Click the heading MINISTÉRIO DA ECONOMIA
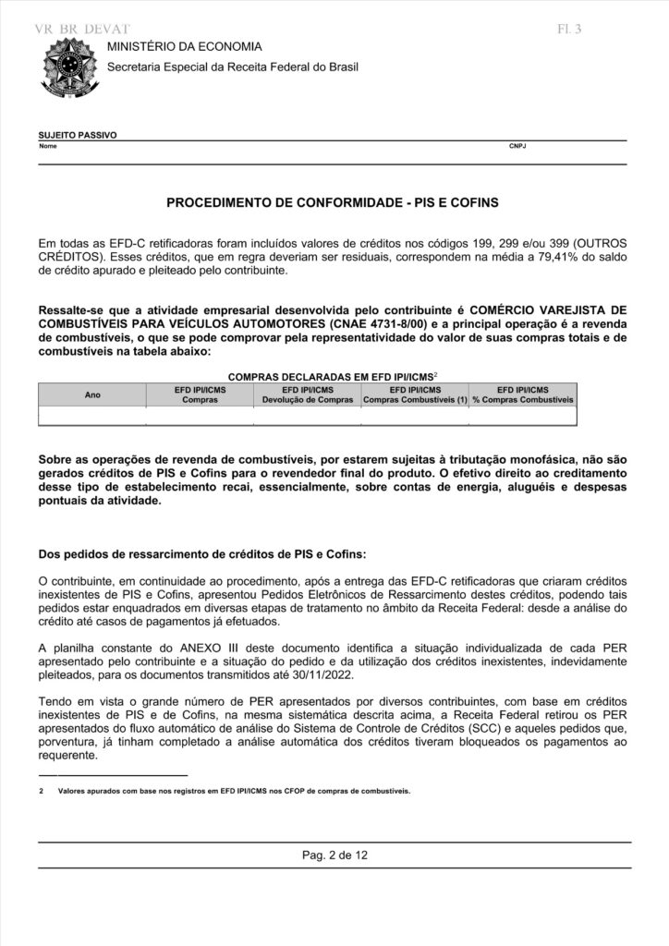(185, 46)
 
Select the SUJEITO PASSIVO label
(78, 135)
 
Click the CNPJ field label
(517, 147)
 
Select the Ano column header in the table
(92, 395)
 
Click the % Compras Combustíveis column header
(523, 401)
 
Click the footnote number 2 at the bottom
(42, 792)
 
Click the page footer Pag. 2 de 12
(334, 855)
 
